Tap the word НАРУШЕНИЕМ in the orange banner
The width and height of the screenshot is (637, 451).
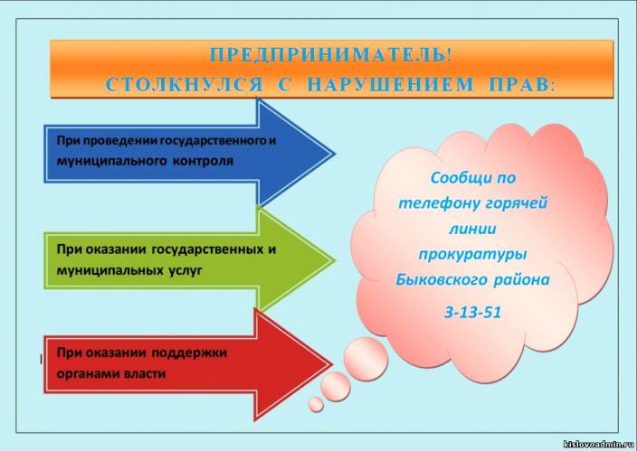pyautogui.click(x=390, y=84)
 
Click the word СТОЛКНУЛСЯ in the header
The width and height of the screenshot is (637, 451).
pyautogui.click(x=184, y=84)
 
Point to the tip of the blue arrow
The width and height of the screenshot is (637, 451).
pyautogui.click(x=335, y=154)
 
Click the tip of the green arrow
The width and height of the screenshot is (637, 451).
pyautogui.click(x=335, y=259)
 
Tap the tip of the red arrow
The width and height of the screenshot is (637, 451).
pyautogui.click(x=332, y=364)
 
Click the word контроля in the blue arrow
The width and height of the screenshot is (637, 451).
pyautogui.click(x=203, y=161)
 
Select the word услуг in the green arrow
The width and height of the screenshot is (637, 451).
pyautogui.click(x=185, y=271)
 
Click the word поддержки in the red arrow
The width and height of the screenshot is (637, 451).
pyautogui.click(x=189, y=352)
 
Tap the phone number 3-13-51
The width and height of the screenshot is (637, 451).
pyautogui.click(x=473, y=312)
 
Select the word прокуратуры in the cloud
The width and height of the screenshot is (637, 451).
pyautogui.click(x=472, y=255)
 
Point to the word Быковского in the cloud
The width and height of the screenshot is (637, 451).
pyautogui.click(x=442, y=279)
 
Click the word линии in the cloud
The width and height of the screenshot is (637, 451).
pyautogui.click(x=472, y=229)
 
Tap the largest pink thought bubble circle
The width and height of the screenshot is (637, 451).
pyautogui.click(x=366, y=359)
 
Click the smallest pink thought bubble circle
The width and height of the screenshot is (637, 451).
pyautogui.click(x=316, y=404)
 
